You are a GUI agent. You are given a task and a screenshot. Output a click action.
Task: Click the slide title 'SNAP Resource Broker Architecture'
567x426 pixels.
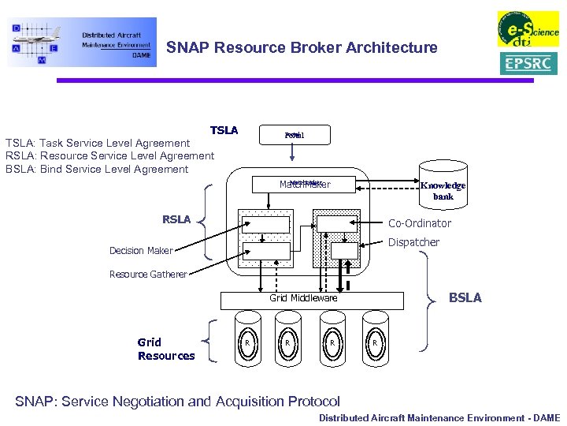(302, 47)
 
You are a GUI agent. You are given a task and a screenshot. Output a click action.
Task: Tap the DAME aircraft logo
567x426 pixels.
(82, 42)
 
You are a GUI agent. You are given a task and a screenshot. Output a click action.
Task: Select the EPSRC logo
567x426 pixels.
(528, 63)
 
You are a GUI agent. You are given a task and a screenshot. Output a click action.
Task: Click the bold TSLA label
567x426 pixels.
(224, 130)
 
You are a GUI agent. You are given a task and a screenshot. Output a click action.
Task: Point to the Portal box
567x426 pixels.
(295, 136)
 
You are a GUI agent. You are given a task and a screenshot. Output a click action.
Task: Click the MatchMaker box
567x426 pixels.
(306, 185)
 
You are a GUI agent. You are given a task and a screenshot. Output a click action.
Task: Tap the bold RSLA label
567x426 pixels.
(176, 219)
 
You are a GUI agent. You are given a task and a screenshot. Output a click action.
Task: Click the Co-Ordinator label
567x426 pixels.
(420, 223)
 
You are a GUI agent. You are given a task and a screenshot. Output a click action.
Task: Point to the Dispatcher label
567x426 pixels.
(413, 242)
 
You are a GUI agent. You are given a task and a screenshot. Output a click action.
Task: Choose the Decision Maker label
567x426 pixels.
(141, 251)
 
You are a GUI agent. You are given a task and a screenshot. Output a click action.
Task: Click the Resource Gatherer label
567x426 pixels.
(148, 275)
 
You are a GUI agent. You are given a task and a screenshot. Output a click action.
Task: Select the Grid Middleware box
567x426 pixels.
(304, 298)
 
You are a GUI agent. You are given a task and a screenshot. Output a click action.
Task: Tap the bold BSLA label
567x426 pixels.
(465, 297)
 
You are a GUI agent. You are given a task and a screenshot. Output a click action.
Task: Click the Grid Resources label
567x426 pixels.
(165, 349)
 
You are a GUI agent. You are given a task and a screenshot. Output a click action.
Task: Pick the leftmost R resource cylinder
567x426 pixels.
(247, 342)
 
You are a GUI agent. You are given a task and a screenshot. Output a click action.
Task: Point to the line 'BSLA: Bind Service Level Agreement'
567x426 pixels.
(97, 169)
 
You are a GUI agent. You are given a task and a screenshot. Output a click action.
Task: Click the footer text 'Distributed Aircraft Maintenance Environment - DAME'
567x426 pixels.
(439, 418)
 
